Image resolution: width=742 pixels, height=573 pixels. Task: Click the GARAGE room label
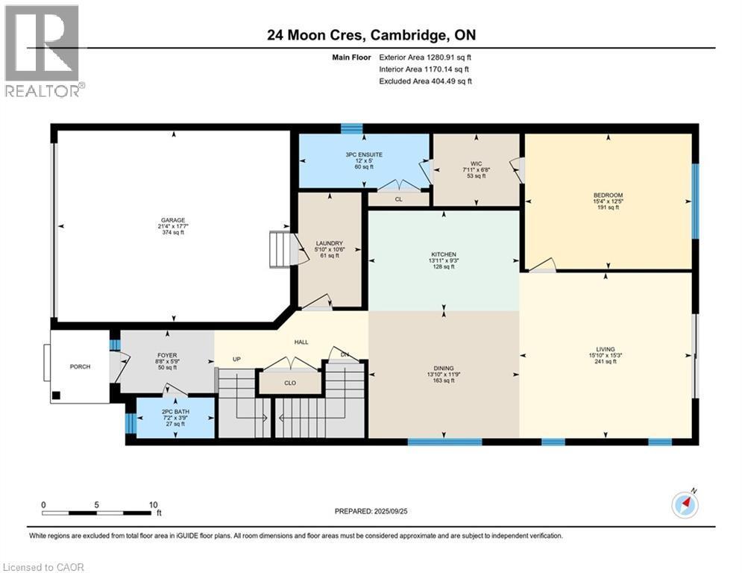coord(173,220)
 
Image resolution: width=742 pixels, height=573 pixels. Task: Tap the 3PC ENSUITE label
coord(363,154)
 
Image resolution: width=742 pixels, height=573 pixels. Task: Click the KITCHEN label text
coord(443,254)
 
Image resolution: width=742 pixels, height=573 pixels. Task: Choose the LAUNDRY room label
coord(329,243)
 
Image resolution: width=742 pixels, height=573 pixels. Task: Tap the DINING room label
coord(444,368)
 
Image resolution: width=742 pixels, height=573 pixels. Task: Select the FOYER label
coord(167,355)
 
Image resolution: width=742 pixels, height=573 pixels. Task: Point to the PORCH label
coord(80,366)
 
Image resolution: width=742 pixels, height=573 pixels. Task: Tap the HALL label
coord(301,342)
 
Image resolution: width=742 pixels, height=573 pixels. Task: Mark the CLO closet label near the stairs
coord(290,383)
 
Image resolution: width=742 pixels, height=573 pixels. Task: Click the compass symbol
coord(685,505)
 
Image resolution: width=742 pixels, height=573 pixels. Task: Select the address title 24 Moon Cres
coord(371,35)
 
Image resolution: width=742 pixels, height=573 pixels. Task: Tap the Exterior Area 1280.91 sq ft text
coord(425,57)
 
